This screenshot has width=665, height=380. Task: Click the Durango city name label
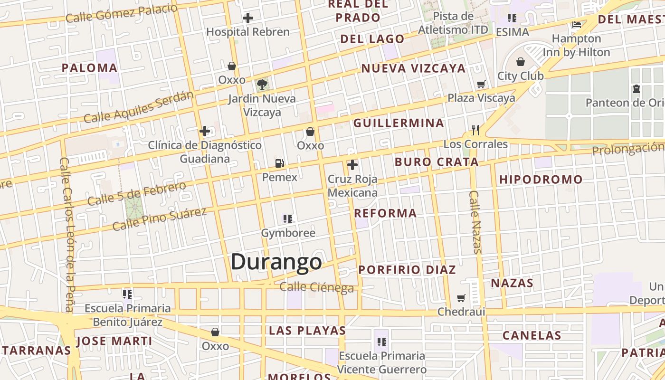pyautogui.click(x=276, y=262)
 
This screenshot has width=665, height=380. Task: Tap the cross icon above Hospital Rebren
pyautogui.click(x=247, y=19)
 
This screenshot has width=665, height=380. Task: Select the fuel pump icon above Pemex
pyautogui.click(x=280, y=163)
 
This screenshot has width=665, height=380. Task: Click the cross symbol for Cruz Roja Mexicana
pyautogui.click(x=352, y=165)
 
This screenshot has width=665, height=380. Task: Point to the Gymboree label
pyautogui.click(x=288, y=233)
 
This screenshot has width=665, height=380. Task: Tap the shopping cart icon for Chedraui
pyautogui.click(x=461, y=298)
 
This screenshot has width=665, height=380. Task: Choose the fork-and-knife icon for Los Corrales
pyautogui.click(x=475, y=130)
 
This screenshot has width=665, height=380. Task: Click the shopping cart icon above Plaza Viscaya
pyautogui.click(x=481, y=85)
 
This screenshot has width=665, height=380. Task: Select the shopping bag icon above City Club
pyautogui.click(x=521, y=62)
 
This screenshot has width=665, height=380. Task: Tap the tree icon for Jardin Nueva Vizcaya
pyautogui.click(x=262, y=85)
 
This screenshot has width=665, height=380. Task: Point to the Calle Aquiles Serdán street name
pyautogui.click(x=139, y=107)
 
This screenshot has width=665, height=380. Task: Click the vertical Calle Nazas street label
pyautogui.click(x=475, y=222)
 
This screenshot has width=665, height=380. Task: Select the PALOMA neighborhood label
pyautogui.click(x=89, y=68)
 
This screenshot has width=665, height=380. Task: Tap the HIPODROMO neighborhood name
pyautogui.click(x=541, y=180)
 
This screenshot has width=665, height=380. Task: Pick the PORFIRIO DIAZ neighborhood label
pyautogui.click(x=407, y=270)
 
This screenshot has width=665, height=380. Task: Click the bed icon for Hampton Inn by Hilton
pyautogui.click(x=577, y=25)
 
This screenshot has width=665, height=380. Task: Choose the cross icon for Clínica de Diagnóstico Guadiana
pyautogui.click(x=205, y=131)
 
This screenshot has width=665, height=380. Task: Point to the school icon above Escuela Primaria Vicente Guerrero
pyautogui.click(x=381, y=342)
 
